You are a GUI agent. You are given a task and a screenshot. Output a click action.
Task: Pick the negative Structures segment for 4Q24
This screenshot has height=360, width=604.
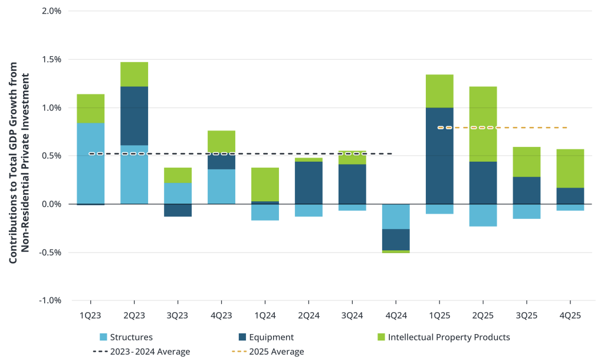pos(395,216)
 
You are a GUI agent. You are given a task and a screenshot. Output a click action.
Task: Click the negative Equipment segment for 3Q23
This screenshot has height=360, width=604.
pos(178,210)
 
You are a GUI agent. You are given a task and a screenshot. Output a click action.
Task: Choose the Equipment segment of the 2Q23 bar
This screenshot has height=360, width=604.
pos(134,116)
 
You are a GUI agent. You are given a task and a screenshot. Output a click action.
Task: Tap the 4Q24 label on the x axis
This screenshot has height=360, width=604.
pos(395,316)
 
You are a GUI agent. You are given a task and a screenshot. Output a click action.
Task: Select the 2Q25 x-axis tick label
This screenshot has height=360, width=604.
pos(482,316)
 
